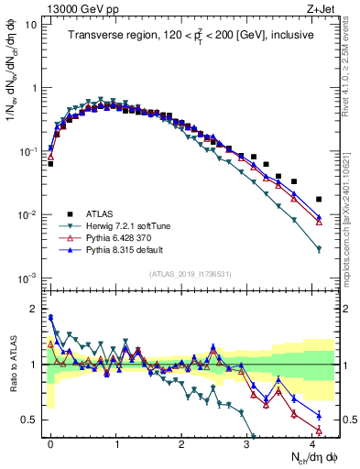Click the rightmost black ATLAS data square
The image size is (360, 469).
point(318,199)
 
